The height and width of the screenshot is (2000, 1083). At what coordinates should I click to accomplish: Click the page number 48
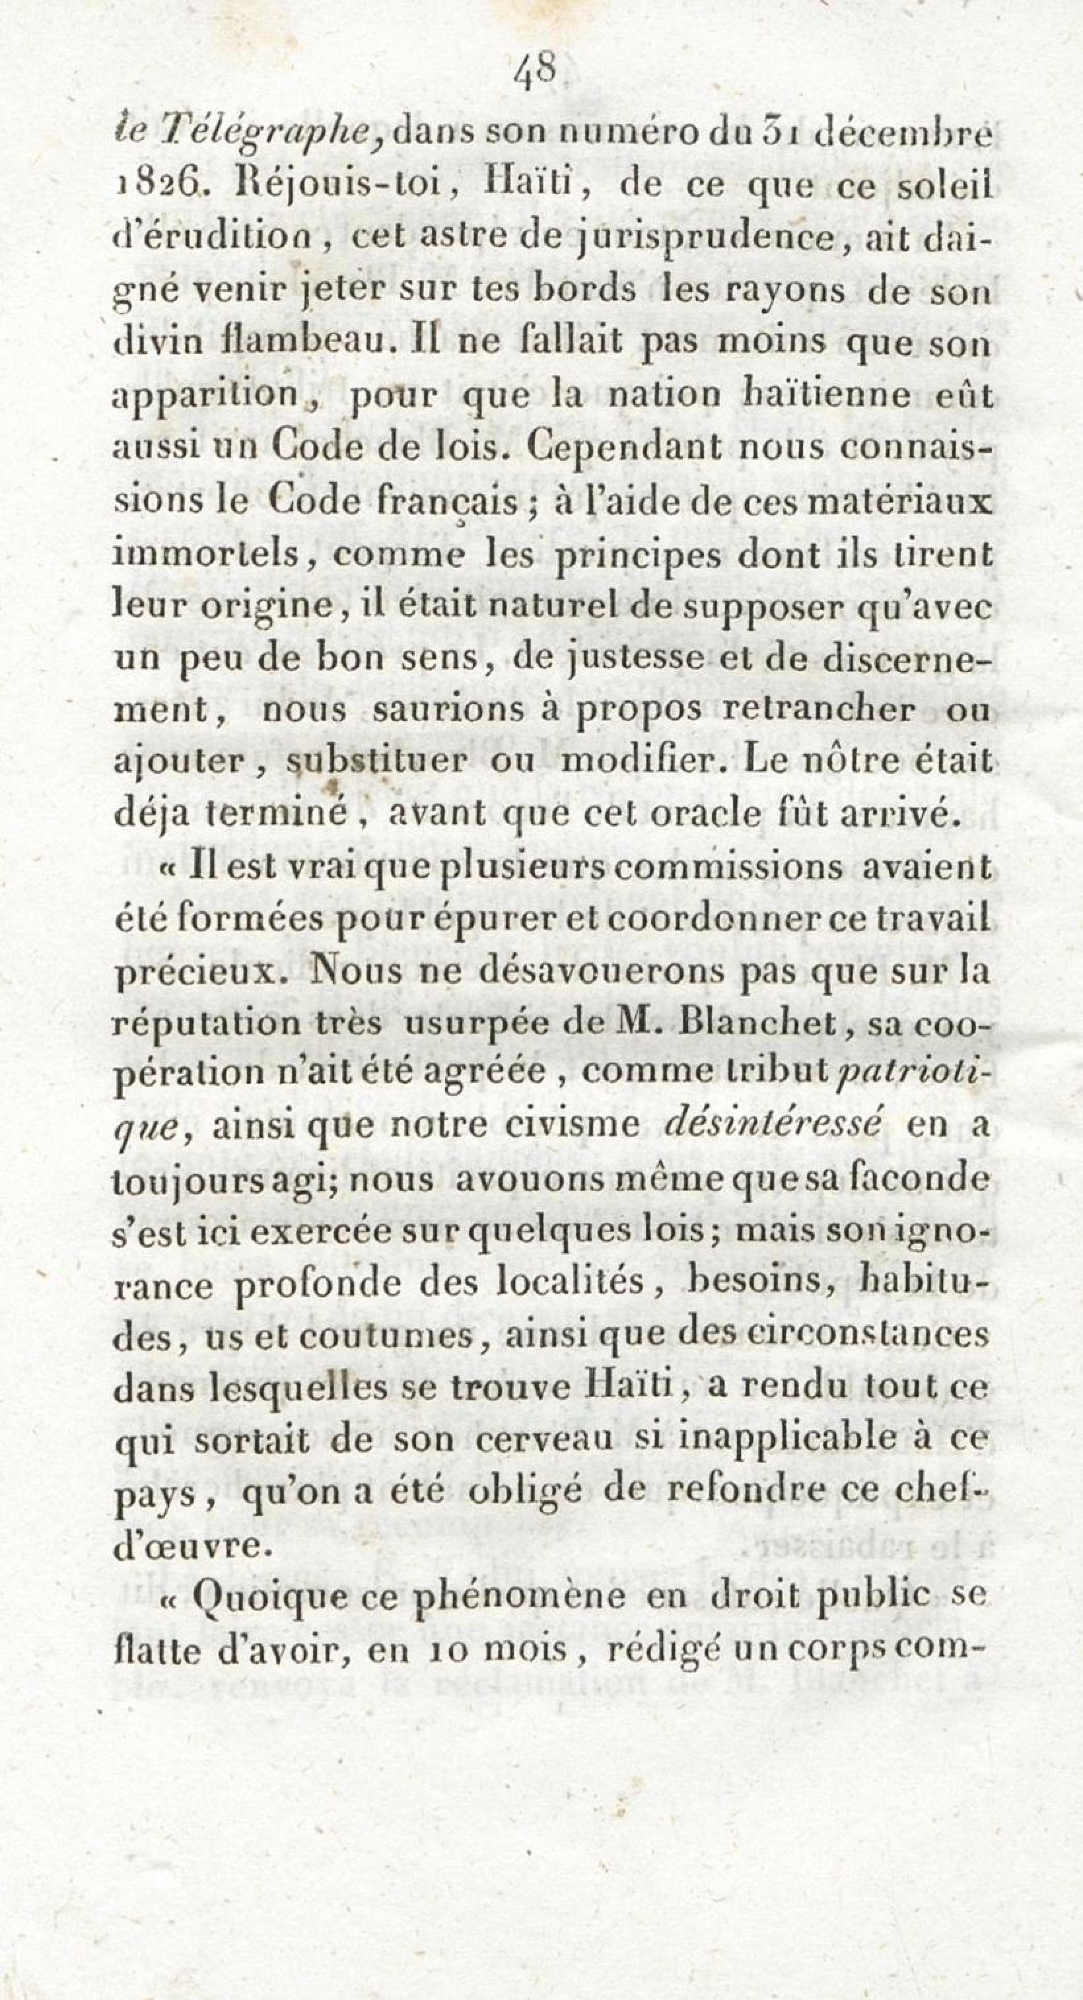pyautogui.click(x=536, y=76)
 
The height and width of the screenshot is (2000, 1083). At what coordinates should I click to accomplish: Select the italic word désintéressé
pyautogui.click(x=773, y=1125)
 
